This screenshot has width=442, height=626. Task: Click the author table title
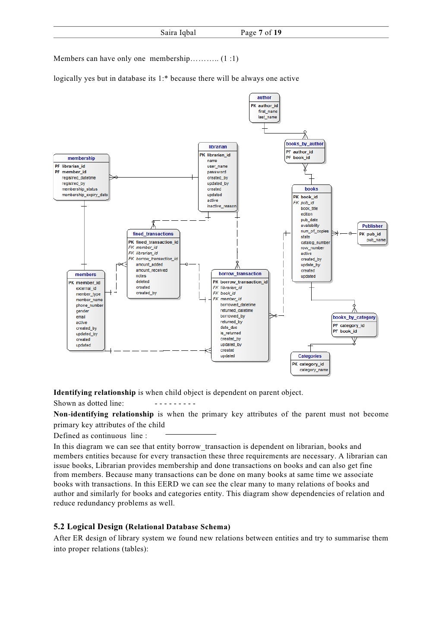264,98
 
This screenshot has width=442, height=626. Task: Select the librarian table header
218,147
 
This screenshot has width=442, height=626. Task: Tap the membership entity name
81,159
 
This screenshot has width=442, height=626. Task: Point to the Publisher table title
372,226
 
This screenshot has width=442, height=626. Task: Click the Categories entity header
309,356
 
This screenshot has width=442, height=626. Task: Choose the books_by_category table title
354,318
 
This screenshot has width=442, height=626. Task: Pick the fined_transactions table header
153,234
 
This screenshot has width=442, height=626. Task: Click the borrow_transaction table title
240,274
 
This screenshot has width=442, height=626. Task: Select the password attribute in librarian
216,172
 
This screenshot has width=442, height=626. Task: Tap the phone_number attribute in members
89,305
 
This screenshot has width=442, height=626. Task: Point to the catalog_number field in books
315,243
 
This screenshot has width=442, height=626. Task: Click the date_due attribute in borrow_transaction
228,327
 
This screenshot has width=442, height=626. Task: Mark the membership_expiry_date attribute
85,195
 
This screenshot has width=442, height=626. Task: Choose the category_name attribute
314,370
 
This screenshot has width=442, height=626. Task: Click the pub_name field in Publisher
376,240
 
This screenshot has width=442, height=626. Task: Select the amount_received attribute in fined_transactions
152,270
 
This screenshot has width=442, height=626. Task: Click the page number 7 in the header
260,33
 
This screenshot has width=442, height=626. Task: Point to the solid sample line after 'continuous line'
190,434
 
